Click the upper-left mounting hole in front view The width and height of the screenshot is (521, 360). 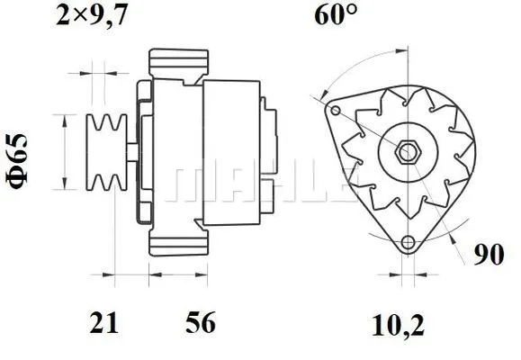coord(335,111)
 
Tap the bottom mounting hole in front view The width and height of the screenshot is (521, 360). coord(409,242)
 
